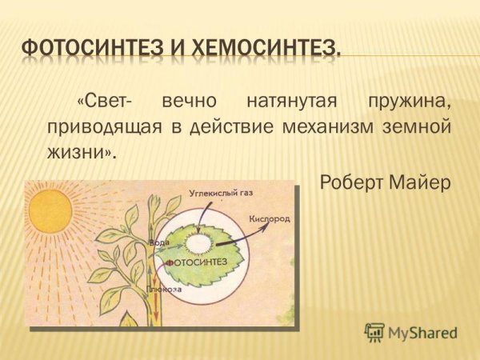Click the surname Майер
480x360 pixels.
point(422,182)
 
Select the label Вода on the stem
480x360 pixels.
point(159,242)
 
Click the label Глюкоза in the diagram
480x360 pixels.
point(165,288)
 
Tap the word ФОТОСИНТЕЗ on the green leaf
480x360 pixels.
point(195,262)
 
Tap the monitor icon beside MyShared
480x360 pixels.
point(374,332)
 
